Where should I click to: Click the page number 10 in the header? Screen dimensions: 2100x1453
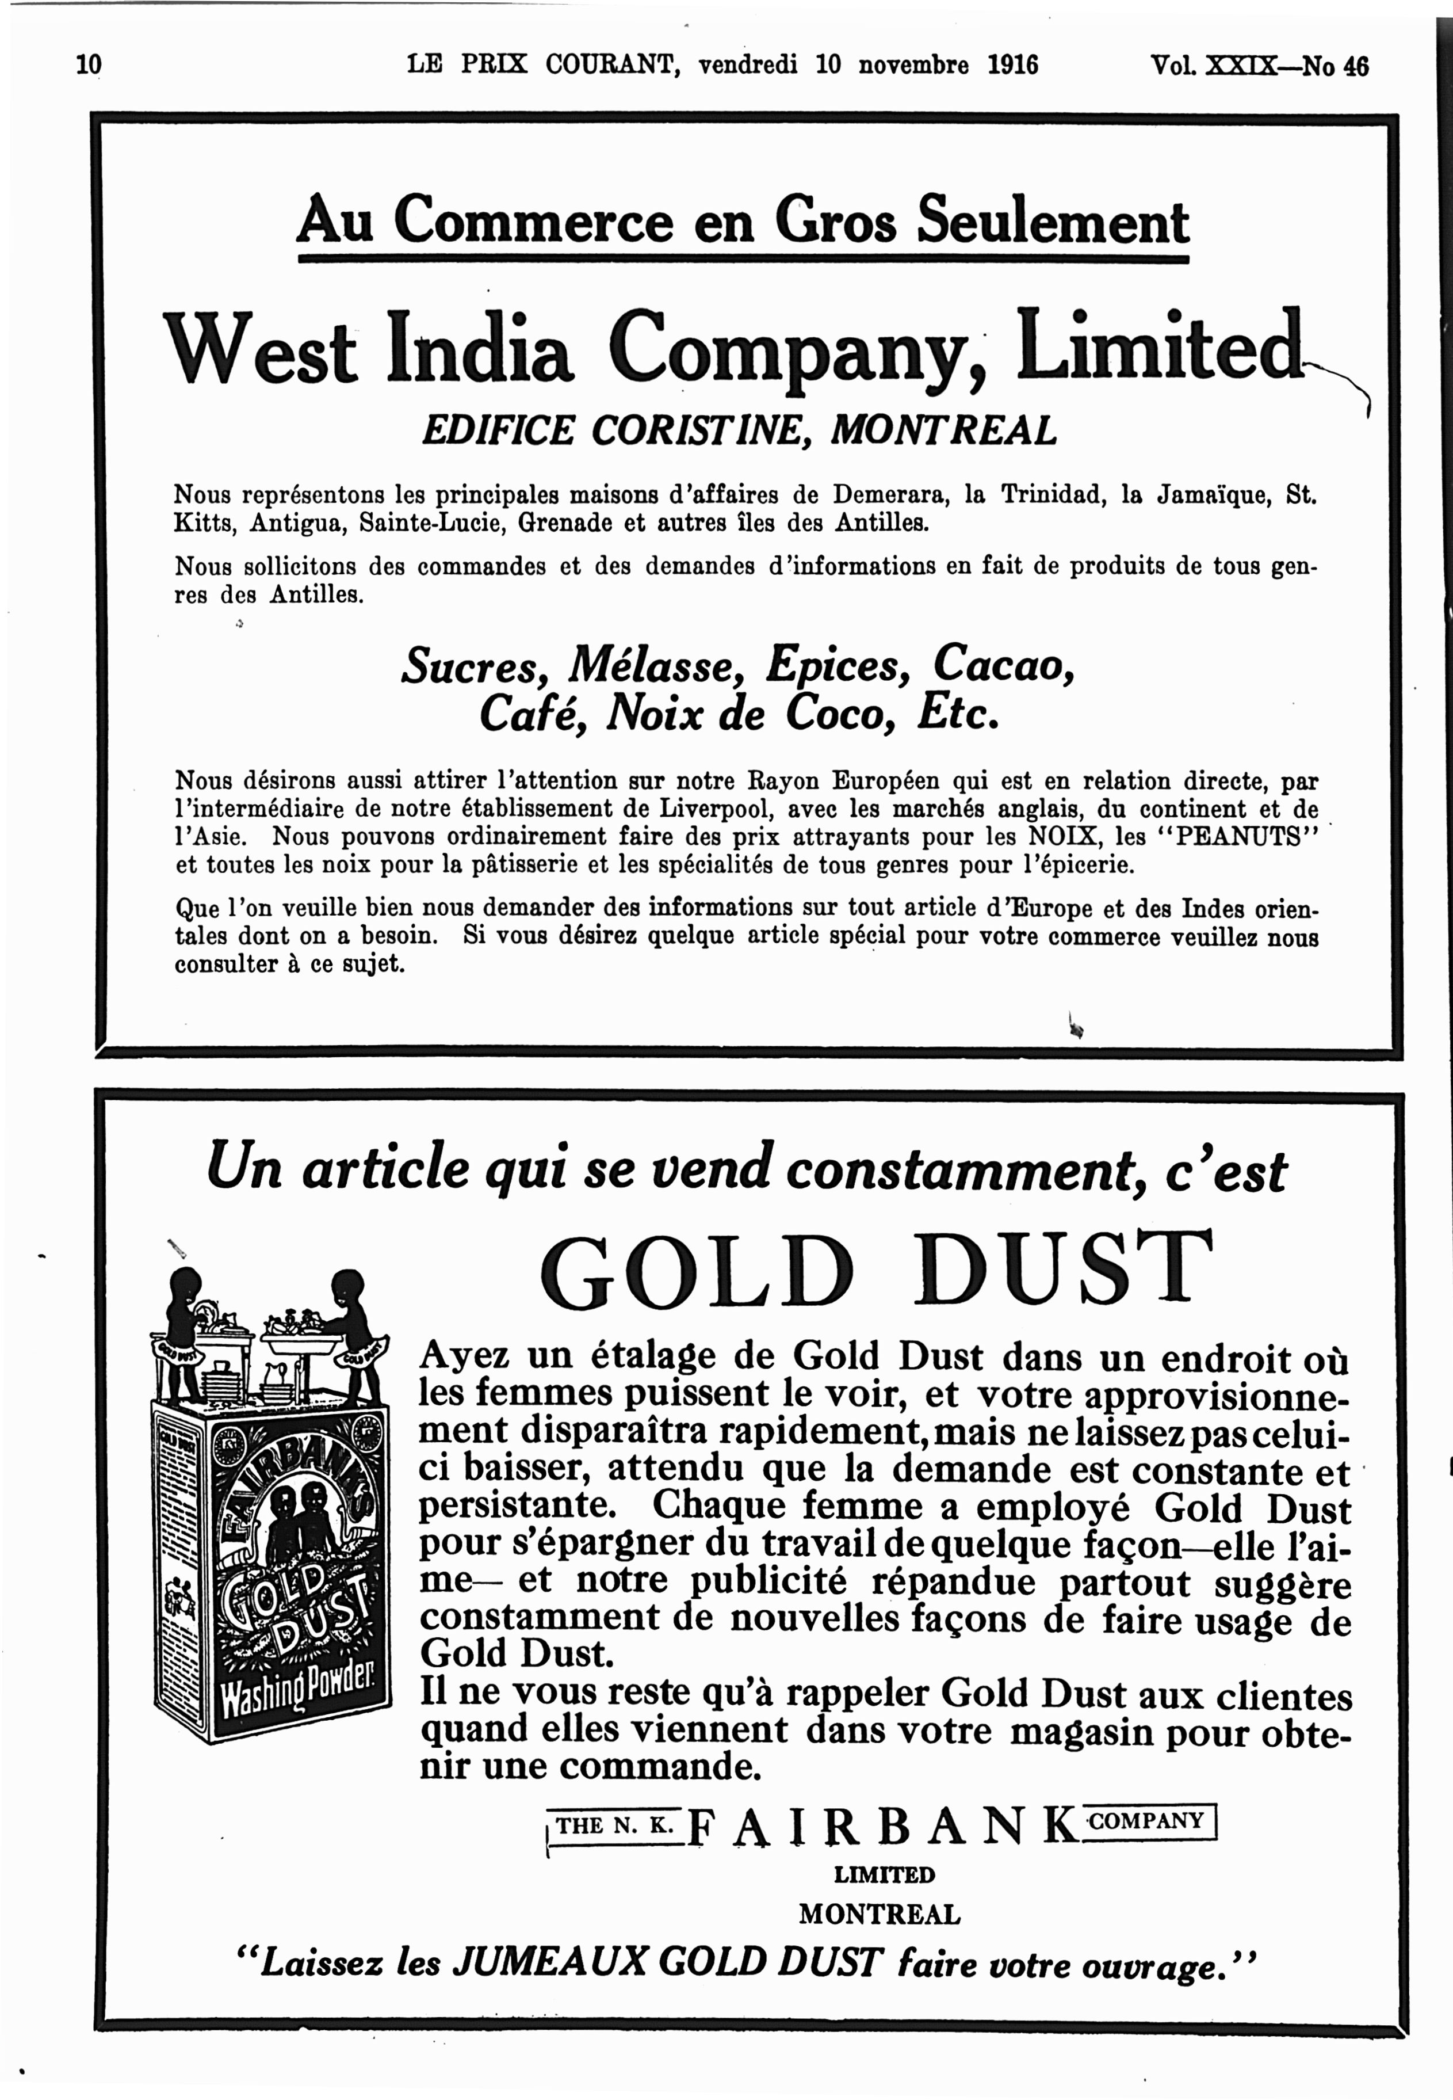coord(89,66)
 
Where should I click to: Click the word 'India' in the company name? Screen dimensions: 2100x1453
coord(480,349)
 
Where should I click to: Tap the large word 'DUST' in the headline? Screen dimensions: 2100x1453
coord(1064,1268)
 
